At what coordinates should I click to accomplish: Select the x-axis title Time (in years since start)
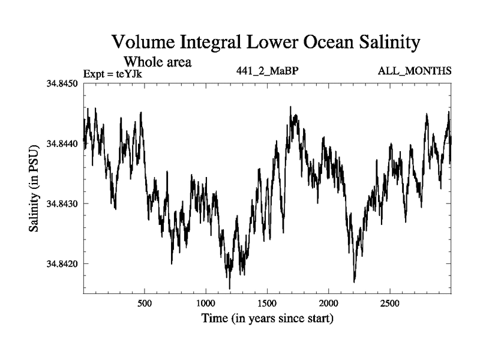point(267,318)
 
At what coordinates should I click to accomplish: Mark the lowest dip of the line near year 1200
point(229,288)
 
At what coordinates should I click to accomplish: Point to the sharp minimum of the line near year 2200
point(355,281)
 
